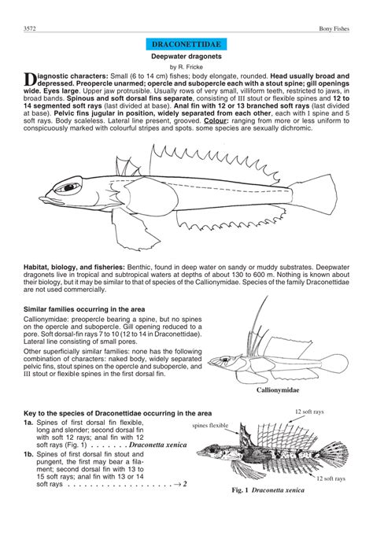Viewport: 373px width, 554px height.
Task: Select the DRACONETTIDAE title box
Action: tap(186, 48)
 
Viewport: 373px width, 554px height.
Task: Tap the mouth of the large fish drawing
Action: tap(39, 197)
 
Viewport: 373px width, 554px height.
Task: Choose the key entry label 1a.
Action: tap(28, 423)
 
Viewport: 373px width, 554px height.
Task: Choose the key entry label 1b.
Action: tap(28, 454)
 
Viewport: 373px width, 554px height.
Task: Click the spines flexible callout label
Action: tap(211, 426)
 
